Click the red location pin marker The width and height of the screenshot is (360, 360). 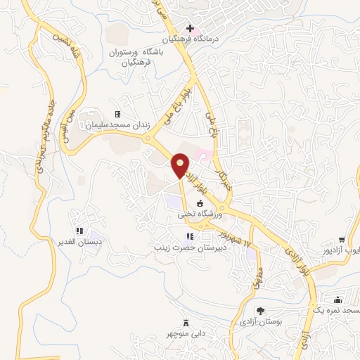coord(181,165)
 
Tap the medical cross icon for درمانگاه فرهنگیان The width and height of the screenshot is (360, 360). coord(171,27)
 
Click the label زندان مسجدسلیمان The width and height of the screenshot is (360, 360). coord(117,125)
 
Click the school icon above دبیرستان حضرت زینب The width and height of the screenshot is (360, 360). coord(188,236)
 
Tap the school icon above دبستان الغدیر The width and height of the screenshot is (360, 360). coord(79,230)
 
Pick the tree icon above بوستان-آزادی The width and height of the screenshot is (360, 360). coord(260,310)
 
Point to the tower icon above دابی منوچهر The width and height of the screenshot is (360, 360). coord(186,323)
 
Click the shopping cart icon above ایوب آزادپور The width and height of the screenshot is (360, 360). coord(342,240)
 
